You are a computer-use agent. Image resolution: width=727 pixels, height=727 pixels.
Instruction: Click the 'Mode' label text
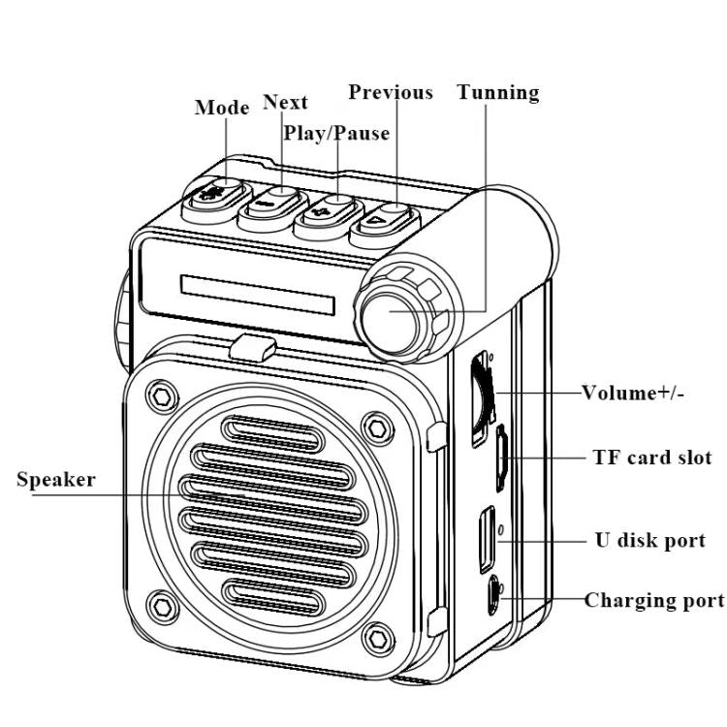[222, 108]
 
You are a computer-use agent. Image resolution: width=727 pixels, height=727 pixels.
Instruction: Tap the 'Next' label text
[285, 103]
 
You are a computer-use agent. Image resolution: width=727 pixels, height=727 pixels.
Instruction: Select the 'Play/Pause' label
[336, 133]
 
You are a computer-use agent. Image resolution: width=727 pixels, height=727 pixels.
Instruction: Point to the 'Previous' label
[391, 93]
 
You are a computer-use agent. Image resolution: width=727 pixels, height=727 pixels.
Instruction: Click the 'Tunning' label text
[498, 93]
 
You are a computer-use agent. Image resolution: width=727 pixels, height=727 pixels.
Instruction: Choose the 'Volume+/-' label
[633, 393]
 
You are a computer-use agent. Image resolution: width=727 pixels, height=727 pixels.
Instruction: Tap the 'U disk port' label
[648, 540]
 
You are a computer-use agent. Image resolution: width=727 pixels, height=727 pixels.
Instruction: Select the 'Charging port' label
[653, 600]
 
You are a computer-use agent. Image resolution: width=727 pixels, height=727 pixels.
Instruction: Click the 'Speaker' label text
[56, 480]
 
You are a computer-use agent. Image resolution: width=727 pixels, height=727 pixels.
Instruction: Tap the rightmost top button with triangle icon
[386, 217]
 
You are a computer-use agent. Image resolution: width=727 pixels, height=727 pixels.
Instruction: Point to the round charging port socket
[495, 590]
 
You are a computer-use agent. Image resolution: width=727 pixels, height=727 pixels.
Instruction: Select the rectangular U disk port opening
[485, 539]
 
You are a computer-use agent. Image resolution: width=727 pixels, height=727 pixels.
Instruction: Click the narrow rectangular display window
[257, 296]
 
